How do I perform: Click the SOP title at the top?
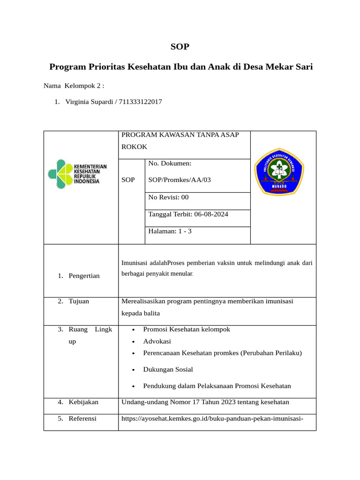(x=180, y=46)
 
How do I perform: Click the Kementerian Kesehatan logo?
(x=77, y=174)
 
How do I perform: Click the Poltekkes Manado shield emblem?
(x=279, y=172)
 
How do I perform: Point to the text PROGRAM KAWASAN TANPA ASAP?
(x=180, y=135)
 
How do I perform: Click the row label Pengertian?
(x=84, y=276)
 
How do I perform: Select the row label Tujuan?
(x=79, y=301)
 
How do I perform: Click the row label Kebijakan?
(x=83, y=402)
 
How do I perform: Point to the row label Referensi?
(x=82, y=418)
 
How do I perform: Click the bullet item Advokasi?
(x=157, y=341)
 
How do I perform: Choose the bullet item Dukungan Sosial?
(x=168, y=369)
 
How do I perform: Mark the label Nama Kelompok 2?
(x=74, y=86)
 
